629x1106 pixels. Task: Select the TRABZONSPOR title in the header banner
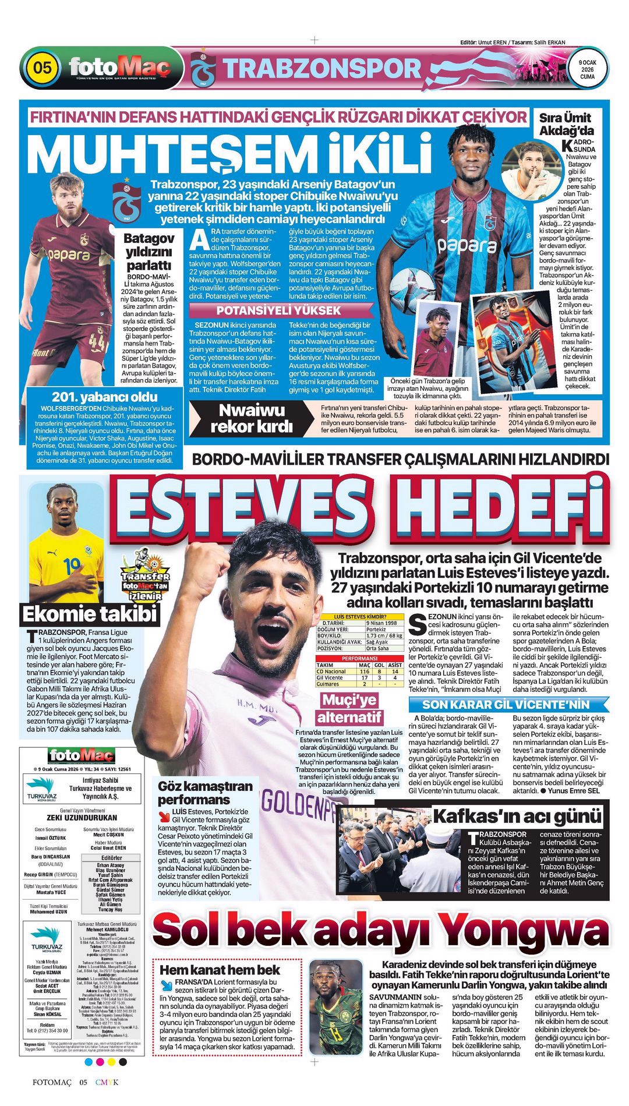321,69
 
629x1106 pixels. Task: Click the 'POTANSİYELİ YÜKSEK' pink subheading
278,310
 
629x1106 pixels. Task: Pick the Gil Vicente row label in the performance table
330,677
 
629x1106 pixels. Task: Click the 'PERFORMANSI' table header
359,658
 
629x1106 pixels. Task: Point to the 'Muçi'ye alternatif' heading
349,708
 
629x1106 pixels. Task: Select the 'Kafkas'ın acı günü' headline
517,816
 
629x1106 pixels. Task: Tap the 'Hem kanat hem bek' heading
220,970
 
